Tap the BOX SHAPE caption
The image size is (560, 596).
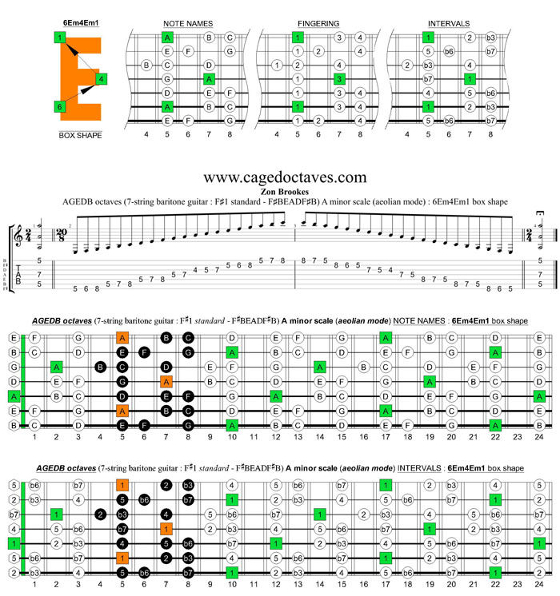click(x=80, y=136)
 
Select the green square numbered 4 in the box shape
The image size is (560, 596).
click(x=102, y=78)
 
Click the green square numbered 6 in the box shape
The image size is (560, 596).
click(x=59, y=106)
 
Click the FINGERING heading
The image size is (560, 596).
click(x=318, y=24)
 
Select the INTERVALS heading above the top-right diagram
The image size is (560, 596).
click(x=449, y=24)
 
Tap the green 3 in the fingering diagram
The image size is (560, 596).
click(x=339, y=79)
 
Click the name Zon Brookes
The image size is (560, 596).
click(x=286, y=193)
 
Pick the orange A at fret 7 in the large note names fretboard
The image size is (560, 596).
click(x=166, y=381)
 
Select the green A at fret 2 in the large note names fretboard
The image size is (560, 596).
click(x=57, y=367)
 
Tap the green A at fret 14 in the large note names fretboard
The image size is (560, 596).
click(x=320, y=367)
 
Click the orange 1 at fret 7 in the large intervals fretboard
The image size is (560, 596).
click(x=166, y=529)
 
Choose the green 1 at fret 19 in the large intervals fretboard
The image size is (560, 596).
click(x=430, y=529)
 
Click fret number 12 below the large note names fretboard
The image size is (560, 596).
click(x=276, y=438)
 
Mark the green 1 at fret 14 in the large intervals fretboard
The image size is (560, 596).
click(x=320, y=514)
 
